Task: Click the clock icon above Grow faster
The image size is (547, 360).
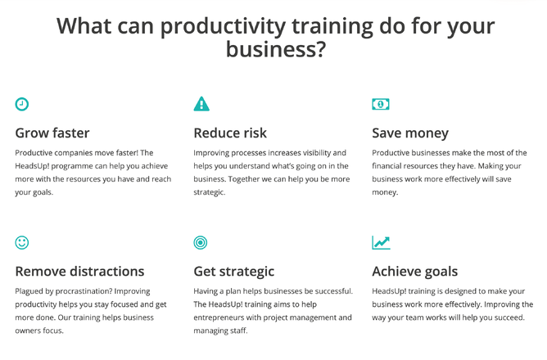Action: [x=21, y=104]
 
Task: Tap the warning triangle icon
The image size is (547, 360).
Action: [x=201, y=104]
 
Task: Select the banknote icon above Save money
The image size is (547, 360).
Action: [x=381, y=104]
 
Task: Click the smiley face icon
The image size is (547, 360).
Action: [x=22, y=242]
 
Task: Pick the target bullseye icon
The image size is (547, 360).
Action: [x=201, y=242]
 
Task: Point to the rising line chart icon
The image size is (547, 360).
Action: [x=381, y=242]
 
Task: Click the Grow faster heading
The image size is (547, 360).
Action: [x=52, y=133]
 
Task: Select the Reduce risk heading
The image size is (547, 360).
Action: [x=230, y=133]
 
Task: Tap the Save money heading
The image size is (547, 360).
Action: [x=410, y=133]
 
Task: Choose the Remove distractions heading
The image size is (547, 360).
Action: [x=79, y=272]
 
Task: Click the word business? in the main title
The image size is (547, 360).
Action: [x=276, y=49]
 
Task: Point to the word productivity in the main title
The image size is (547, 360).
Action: [x=223, y=27]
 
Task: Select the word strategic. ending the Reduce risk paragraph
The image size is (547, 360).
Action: [x=210, y=192]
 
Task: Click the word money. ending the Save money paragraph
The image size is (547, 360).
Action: [x=385, y=192]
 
